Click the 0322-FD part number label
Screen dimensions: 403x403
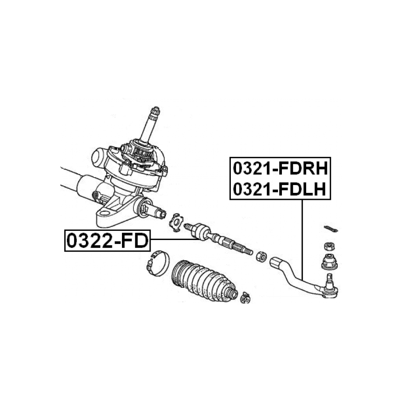pos(107,240)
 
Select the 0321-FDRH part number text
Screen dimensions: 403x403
pos(281,169)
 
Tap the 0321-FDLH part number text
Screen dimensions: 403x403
pos(279,189)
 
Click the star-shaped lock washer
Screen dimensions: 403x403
pos(176,222)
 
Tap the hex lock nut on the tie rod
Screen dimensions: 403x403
pos(261,257)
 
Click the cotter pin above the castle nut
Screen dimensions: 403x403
pos(331,229)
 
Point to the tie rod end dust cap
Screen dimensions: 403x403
pos(330,262)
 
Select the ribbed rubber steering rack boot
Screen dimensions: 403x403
pos(203,281)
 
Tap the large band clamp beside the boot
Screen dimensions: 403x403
pos(158,263)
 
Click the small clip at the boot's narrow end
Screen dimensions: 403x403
pos(245,298)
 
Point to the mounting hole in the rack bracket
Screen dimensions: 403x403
pos(105,213)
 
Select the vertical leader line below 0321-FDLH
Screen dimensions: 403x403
pos(303,240)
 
